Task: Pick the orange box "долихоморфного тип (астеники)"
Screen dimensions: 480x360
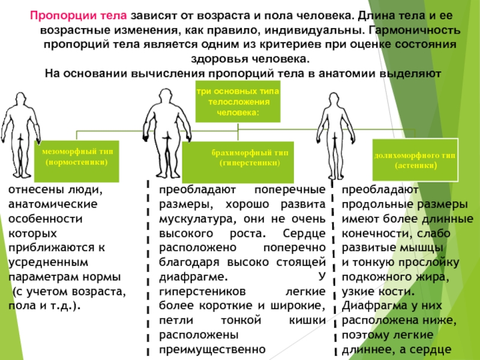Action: pyautogui.click(x=415, y=160)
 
